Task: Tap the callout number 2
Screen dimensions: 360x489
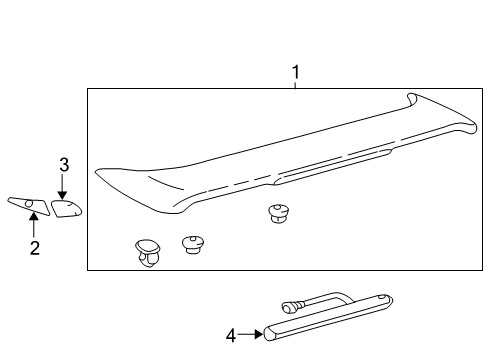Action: (x=34, y=248)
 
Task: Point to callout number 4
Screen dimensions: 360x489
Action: (x=231, y=336)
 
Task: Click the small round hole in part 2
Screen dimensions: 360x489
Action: (x=30, y=205)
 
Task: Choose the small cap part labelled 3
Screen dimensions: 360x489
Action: (x=66, y=208)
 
